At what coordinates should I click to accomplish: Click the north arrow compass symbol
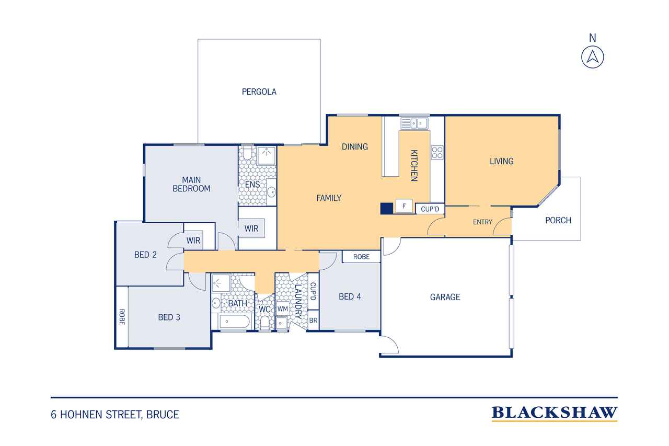click(593, 57)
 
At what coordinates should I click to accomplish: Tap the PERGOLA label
click(259, 92)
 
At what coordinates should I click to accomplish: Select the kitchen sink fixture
click(414, 123)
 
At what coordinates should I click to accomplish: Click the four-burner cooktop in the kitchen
click(437, 152)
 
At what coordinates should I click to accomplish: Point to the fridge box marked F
click(404, 206)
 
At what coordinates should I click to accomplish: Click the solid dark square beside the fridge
click(386, 209)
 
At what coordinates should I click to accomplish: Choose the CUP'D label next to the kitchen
click(430, 209)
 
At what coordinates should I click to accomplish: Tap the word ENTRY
click(482, 222)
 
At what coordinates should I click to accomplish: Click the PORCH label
click(558, 221)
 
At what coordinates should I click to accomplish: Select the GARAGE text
click(445, 297)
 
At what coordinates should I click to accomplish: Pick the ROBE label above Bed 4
click(361, 257)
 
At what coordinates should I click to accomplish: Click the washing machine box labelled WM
click(283, 308)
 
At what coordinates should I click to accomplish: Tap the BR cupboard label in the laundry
click(313, 321)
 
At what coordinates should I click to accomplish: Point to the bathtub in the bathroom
click(234, 322)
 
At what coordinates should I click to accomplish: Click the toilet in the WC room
click(264, 324)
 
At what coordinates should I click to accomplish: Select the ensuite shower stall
click(267, 155)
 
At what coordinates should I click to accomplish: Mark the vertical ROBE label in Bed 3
click(122, 317)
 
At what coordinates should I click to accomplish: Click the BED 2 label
click(145, 255)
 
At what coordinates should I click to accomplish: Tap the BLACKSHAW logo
click(555, 413)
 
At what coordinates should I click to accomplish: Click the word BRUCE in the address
click(163, 415)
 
